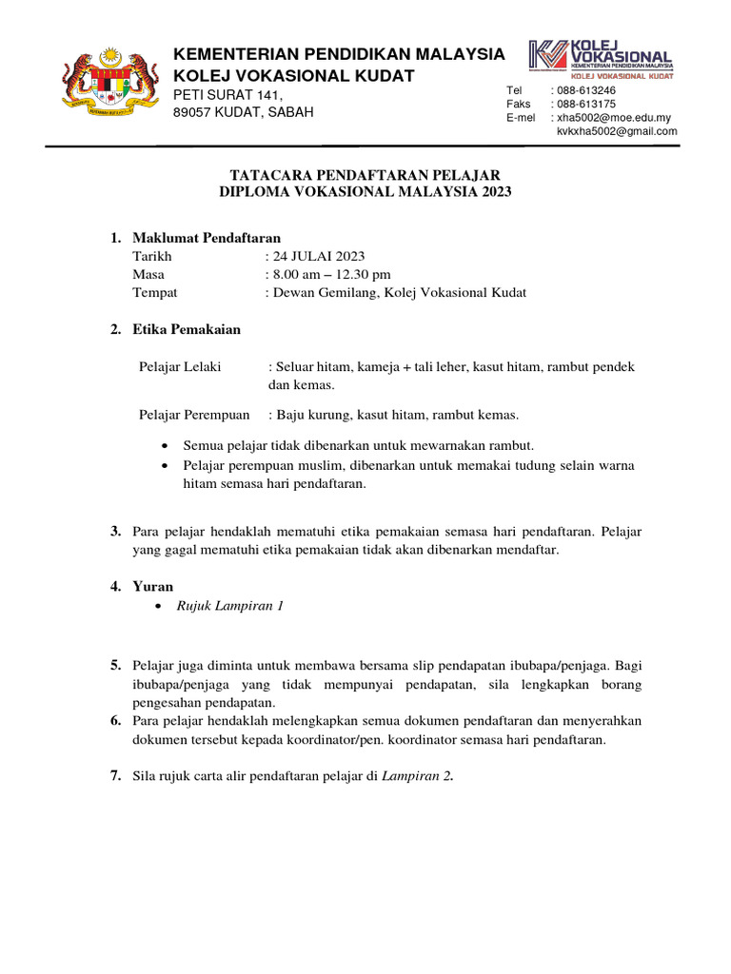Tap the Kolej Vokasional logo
click(602, 58)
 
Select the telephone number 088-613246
click(585, 90)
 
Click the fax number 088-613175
click(585, 104)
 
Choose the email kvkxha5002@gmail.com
click(617, 131)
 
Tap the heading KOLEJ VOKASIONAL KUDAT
click(293, 74)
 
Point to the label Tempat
click(155, 292)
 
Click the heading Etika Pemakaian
click(187, 330)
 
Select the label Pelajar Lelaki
click(180, 366)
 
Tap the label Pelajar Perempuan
click(194, 414)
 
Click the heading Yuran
click(153, 587)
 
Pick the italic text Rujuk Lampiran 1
click(229, 606)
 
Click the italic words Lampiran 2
click(417, 776)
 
